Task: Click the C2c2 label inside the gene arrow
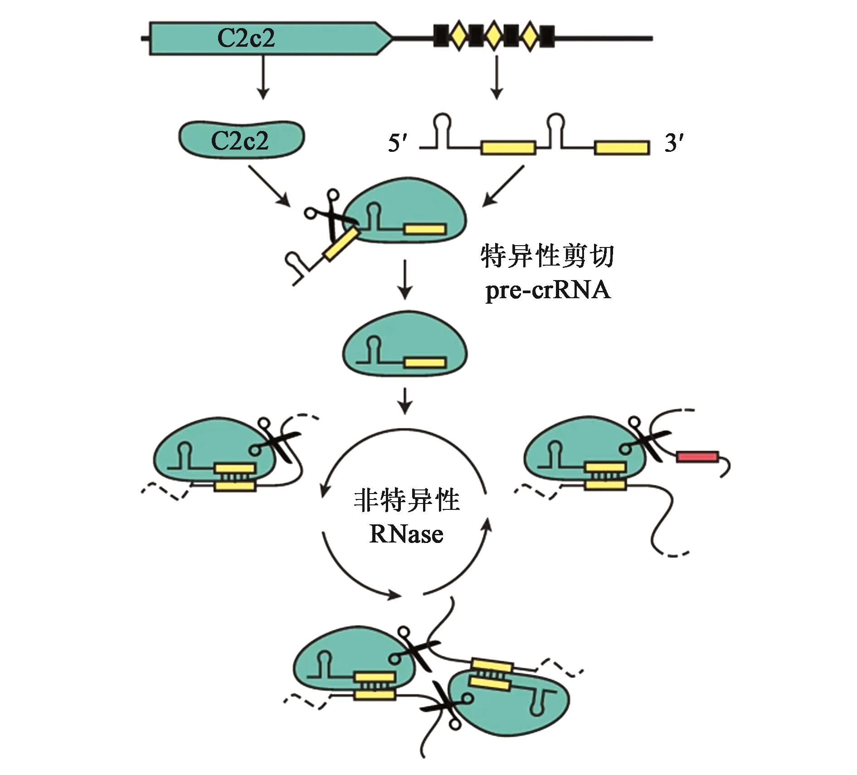246,38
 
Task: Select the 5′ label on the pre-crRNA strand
398,144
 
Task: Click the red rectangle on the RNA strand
697,456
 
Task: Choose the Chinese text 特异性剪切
547,257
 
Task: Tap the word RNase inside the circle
406,534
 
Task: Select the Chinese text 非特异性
406,500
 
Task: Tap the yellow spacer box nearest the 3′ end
621,147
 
